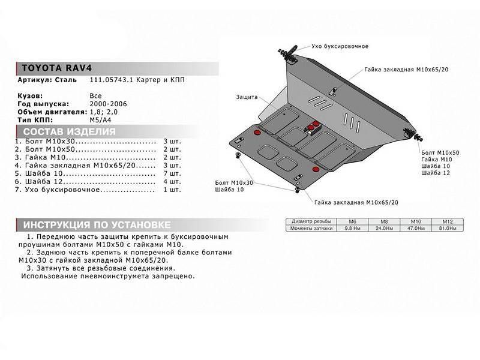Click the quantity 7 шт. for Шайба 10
pos(171,173)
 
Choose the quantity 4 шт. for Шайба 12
pos(171,181)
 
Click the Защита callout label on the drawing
pos(247,97)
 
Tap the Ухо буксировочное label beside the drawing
pos(340,46)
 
